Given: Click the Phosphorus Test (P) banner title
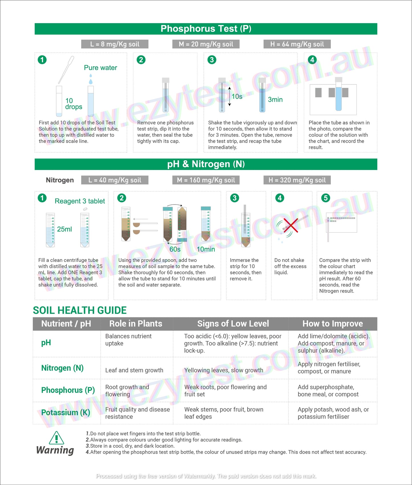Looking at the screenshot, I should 206,29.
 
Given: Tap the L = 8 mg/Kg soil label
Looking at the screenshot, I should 115,44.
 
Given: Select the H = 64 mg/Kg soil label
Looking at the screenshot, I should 297,44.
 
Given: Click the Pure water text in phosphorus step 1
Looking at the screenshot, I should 100,68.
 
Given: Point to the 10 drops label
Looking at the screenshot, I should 73,104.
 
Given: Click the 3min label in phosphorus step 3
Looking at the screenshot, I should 275,100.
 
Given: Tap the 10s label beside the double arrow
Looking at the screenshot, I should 237,96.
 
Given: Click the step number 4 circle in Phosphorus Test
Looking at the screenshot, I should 312,60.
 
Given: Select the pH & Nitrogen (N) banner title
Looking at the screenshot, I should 206,164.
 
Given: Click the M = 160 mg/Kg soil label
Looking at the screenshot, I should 206,180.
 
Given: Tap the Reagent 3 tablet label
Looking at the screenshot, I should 80,201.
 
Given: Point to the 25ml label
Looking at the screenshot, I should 64,229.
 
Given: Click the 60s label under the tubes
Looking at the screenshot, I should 175,249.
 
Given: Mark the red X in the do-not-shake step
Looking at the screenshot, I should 291,225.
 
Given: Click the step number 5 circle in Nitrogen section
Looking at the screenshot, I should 325,198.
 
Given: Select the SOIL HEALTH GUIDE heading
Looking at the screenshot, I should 80,310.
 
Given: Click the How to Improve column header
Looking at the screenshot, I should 332,324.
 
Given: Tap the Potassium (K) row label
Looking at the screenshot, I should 66,413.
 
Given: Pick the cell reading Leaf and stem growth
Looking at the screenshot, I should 134,370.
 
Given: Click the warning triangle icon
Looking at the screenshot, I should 56,438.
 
